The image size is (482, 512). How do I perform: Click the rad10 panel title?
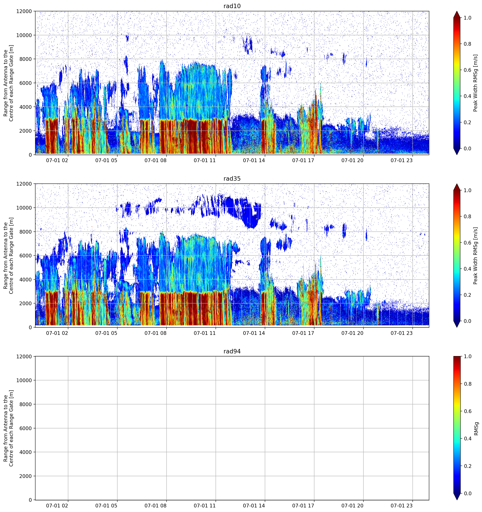[232, 6]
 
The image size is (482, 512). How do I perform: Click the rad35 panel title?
[232, 179]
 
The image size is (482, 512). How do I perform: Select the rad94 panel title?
[232, 351]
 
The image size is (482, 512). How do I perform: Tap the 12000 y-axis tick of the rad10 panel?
[24, 11]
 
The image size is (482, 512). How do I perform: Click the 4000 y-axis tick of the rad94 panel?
[26, 452]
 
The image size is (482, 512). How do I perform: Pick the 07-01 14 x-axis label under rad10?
[254, 160]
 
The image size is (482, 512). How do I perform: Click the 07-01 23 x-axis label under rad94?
[402, 506]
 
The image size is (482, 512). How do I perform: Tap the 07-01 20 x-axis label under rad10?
[353, 160]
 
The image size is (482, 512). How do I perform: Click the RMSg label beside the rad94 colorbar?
[476, 429]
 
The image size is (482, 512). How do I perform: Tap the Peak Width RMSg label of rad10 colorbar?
[476, 83]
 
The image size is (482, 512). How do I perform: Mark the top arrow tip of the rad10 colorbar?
[457, 11]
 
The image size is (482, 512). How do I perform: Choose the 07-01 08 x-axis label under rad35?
[155, 333]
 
